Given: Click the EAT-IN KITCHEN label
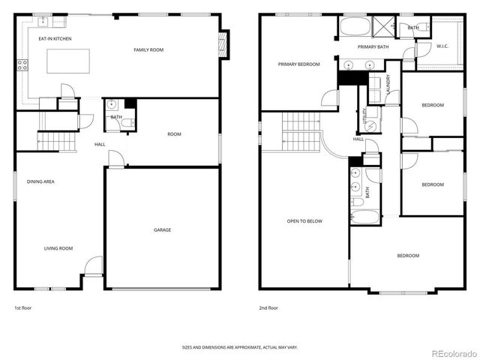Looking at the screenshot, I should pyautogui.click(x=55, y=38).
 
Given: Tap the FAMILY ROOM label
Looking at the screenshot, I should pyautogui.click(x=148, y=49).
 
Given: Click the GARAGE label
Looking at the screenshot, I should pyautogui.click(x=162, y=229).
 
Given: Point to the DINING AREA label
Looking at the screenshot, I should pyautogui.click(x=40, y=181).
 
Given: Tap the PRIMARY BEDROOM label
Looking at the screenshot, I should pyautogui.click(x=298, y=64).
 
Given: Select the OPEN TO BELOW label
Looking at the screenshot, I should pyautogui.click(x=304, y=221).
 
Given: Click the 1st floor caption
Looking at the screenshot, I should pyautogui.click(x=22, y=307).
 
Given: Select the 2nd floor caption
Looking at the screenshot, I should pyautogui.click(x=267, y=307).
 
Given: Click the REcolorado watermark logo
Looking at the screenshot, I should pyautogui.click(x=449, y=352).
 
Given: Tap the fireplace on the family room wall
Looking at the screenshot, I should pyautogui.click(x=222, y=45).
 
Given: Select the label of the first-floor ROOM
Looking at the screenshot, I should pyautogui.click(x=174, y=134).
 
